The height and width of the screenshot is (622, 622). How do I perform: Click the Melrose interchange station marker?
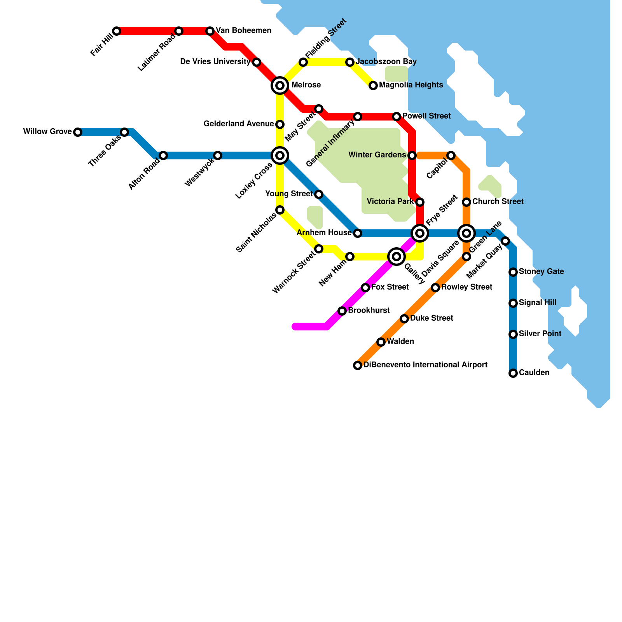pos(280,86)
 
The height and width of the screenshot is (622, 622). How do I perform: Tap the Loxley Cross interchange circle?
pos(280,155)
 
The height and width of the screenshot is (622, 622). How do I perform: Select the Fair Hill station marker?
pos(117,31)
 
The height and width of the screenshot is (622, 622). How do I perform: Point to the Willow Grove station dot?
pos(78,132)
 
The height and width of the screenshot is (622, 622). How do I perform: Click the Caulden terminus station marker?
pos(513,373)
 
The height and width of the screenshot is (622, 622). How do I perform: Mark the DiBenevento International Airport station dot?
pos(358,365)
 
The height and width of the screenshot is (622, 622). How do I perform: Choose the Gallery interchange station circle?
pos(397,257)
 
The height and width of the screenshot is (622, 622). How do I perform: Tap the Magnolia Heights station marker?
pos(373,86)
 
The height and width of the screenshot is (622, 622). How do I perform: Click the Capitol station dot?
pos(451,155)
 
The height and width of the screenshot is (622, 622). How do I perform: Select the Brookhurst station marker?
pos(342,311)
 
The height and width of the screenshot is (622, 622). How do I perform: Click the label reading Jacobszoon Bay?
pos(386,62)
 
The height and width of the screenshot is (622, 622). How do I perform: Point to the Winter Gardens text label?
pos(377,155)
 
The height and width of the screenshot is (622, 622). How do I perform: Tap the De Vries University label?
pos(215,62)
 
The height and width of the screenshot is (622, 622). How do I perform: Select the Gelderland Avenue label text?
pos(239,124)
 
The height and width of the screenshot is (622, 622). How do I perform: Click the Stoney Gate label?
pos(541,272)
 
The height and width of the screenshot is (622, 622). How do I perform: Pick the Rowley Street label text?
pos(466,287)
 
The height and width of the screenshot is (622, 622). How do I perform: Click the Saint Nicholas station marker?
pos(280,210)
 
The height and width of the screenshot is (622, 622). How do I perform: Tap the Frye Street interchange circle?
pos(420,233)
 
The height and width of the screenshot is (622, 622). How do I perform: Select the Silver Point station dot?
pos(513,334)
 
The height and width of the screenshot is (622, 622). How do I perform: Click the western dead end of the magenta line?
pos(295,327)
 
